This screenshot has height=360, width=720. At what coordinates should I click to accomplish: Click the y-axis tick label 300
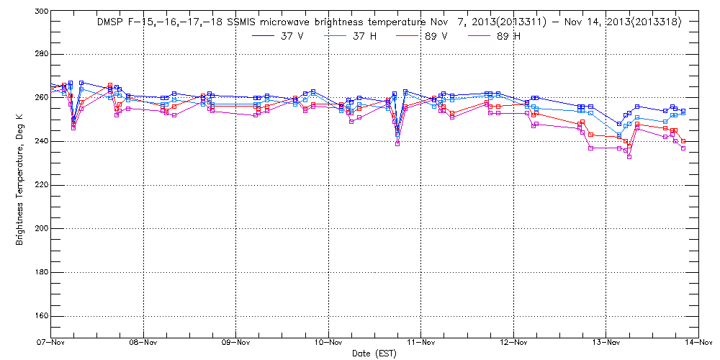point(40,12)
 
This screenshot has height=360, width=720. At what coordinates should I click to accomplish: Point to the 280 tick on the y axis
point(40,54)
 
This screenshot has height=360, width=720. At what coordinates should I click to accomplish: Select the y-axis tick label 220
point(40,185)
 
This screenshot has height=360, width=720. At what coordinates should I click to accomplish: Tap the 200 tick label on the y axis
point(40,229)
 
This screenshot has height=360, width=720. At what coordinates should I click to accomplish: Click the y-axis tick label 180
point(40,273)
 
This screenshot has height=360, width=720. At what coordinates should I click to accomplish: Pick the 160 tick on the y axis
point(40,316)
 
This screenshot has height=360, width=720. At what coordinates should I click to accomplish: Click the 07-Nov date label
point(51,343)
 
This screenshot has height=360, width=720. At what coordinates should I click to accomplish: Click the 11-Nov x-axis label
point(421,343)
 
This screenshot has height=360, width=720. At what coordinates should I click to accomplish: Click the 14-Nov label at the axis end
point(698,343)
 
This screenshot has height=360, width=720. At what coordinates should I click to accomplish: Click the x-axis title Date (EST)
point(374,354)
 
